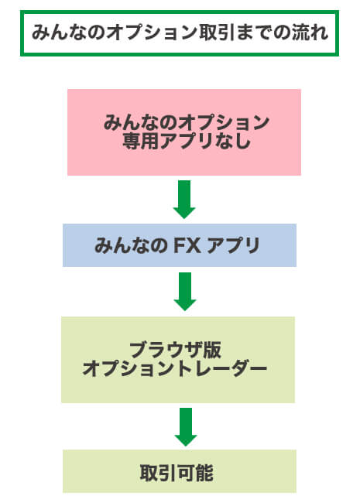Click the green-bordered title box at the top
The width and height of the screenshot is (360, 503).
(x=180, y=33)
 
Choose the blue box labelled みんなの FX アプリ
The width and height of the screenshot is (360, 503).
(x=179, y=245)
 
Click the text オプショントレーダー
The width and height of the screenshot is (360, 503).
(x=175, y=369)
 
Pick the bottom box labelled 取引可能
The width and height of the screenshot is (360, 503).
(x=179, y=471)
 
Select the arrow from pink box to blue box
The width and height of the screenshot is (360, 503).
(x=184, y=199)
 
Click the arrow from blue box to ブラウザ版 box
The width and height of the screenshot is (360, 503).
(x=184, y=292)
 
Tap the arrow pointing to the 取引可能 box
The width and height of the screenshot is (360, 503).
(x=184, y=426)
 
